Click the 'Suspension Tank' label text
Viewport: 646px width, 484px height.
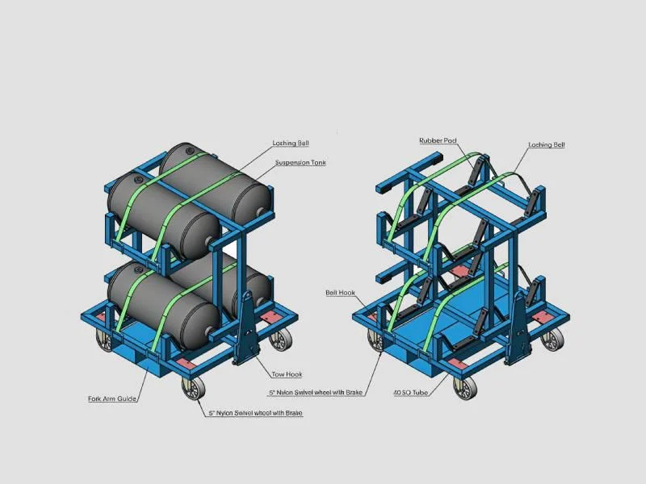click(300, 163)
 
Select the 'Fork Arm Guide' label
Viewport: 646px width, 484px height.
click(111, 398)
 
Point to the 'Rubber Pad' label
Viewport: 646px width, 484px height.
click(438, 140)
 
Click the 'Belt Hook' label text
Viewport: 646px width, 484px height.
click(340, 293)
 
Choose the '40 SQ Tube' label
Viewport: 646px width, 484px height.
click(409, 393)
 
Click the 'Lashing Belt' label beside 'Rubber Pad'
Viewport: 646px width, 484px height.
click(547, 145)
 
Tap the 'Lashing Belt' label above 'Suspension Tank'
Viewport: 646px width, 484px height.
click(291, 144)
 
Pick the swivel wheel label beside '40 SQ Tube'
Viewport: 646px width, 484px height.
click(317, 393)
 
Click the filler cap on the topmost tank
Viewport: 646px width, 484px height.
click(189, 149)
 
